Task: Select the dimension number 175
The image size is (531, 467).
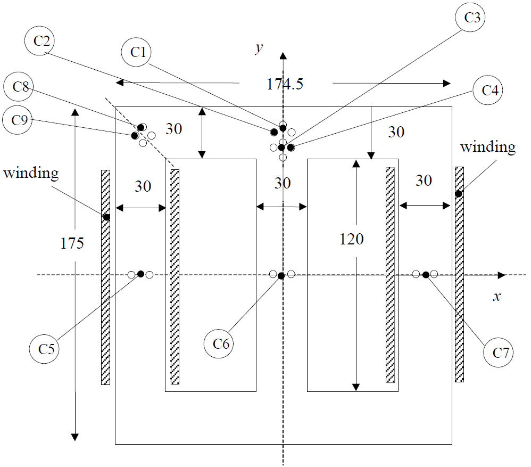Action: pos(72,243)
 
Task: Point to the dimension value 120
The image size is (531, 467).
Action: pos(352,239)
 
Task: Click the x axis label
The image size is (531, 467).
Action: pos(496,297)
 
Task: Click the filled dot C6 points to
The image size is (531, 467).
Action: pos(281,275)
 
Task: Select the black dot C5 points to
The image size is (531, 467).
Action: pos(140,274)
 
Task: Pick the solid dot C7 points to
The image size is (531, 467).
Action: pos(426,275)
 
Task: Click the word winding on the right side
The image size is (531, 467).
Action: pos(487,147)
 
